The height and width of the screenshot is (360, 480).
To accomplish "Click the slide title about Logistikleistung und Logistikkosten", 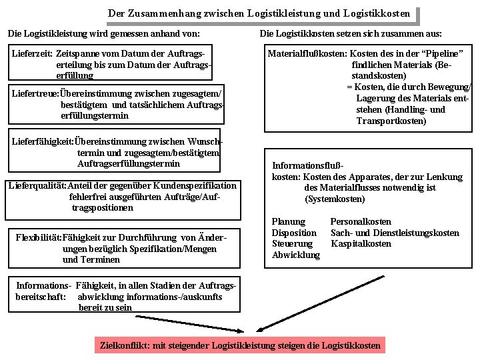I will [259, 13].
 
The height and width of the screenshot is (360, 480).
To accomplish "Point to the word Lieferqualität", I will [36, 185].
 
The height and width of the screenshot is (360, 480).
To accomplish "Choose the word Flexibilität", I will [38, 237].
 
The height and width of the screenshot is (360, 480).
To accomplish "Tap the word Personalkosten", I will [361, 221].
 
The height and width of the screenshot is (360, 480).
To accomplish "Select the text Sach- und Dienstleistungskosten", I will [395, 233].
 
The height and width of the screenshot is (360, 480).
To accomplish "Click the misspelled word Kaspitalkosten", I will [361, 243].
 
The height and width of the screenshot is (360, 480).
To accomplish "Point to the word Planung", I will [288, 221].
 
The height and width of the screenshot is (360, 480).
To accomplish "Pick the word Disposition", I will [294, 233].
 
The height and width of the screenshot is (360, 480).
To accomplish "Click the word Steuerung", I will [291, 243].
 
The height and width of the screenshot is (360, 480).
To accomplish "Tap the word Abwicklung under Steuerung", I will [295, 255].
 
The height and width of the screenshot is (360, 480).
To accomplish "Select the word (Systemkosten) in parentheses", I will [335, 199].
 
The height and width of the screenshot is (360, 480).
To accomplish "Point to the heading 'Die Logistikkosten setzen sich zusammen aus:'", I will [350, 33].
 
